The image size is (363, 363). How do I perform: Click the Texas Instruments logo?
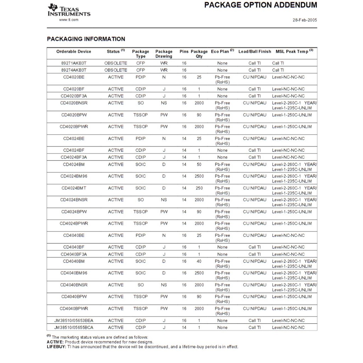pos(69,11)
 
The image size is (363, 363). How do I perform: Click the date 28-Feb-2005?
pos(305,20)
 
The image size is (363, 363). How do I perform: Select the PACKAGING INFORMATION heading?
pos(86,39)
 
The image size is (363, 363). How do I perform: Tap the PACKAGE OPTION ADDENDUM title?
pos(261,5)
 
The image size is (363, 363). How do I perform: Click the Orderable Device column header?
pos(74,52)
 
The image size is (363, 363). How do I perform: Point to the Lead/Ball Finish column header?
pos(255,52)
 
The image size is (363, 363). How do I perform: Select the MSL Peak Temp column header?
pos(294,52)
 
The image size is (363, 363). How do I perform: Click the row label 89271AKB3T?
pos(74,63)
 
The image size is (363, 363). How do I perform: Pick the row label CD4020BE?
pos(74,77)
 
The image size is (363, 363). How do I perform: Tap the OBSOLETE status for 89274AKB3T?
pos(116,70)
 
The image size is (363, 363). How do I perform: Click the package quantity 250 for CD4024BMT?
pos(199,188)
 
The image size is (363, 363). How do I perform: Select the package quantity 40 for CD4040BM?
pos(199,261)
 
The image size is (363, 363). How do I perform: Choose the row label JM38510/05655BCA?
pos(74,328)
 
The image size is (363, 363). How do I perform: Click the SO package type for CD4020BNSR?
pos(141,103)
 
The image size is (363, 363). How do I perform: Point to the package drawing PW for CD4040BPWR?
pos(164,309)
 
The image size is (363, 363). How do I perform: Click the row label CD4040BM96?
pos(74,273)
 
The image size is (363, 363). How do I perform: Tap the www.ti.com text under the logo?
pos(69,20)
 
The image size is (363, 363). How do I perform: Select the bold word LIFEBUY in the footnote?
pos(56,347)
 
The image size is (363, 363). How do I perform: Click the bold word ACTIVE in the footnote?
pos(55,342)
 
